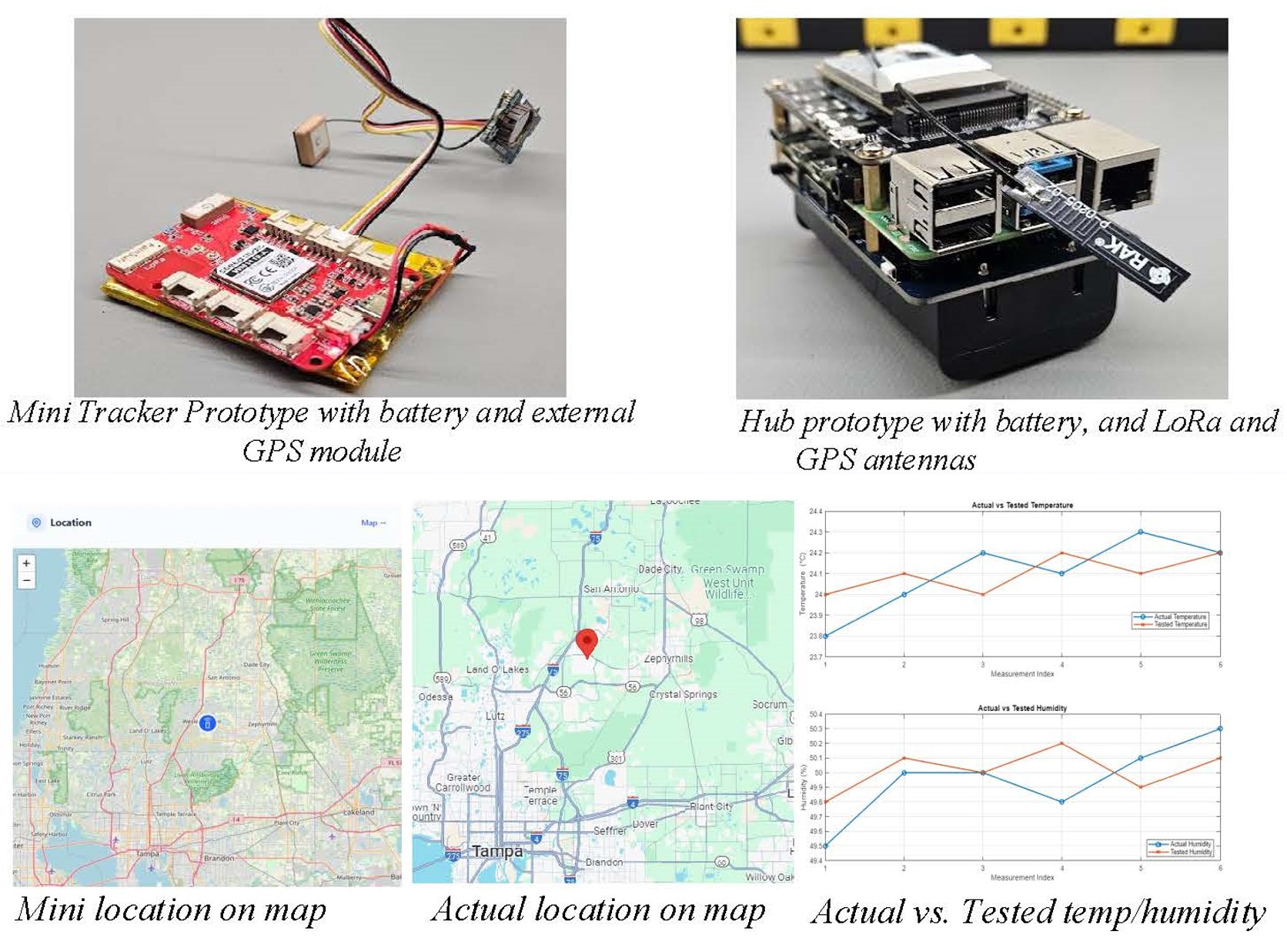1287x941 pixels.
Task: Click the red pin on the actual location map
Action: (x=587, y=642)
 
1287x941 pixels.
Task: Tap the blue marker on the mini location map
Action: (x=207, y=723)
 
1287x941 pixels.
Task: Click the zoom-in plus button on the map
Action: (x=26, y=563)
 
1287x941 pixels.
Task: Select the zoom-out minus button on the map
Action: (x=26, y=581)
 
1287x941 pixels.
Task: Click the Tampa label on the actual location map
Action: (x=497, y=851)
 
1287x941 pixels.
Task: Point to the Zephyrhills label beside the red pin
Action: (x=668, y=659)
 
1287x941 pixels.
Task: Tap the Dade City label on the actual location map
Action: (x=660, y=569)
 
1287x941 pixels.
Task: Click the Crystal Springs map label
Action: (x=683, y=694)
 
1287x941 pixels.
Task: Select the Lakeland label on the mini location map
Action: (x=359, y=812)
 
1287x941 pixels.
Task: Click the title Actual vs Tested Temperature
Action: (x=1021, y=506)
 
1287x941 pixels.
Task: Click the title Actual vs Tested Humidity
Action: (x=1021, y=708)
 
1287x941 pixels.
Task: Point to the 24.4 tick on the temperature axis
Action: (x=815, y=512)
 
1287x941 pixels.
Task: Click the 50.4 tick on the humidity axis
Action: (x=815, y=715)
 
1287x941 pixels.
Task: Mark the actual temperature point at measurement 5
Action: (x=1140, y=532)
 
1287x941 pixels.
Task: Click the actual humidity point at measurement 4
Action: (x=1061, y=802)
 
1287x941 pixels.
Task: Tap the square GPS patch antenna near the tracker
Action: (x=309, y=139)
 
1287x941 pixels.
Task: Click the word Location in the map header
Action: (x=70, y=522)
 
